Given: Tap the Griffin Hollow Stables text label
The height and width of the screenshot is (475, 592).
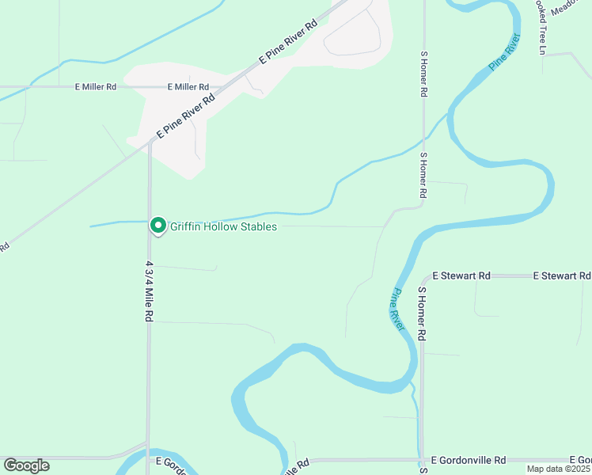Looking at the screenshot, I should (x=224, y=227).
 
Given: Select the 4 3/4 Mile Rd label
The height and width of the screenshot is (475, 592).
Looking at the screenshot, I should (x=149, y=290).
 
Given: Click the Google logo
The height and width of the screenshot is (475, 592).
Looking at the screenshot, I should (x=26, y=465).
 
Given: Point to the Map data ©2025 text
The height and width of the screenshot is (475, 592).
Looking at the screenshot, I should (x=559, y=469).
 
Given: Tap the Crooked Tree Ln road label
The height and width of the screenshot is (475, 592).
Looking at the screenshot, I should (x=542, y=28).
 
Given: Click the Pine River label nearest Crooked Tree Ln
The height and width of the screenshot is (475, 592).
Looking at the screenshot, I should (x=504, y=52).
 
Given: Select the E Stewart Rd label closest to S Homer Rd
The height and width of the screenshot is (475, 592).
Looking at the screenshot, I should (x=461, y=275).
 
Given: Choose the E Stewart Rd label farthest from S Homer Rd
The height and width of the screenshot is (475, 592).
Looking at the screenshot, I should (x=562, y=275).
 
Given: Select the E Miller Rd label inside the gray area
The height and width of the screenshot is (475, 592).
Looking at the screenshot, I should (x=188, y=87).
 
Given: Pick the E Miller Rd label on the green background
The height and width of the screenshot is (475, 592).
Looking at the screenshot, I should (x=96, y=87).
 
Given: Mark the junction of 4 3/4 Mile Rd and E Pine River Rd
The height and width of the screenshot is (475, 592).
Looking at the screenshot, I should (x=150, y=142).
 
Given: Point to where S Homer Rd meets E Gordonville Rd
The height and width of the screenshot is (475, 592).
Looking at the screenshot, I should (x=422, y=460).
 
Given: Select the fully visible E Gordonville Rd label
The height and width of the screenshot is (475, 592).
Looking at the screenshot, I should (x=469, y=460).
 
